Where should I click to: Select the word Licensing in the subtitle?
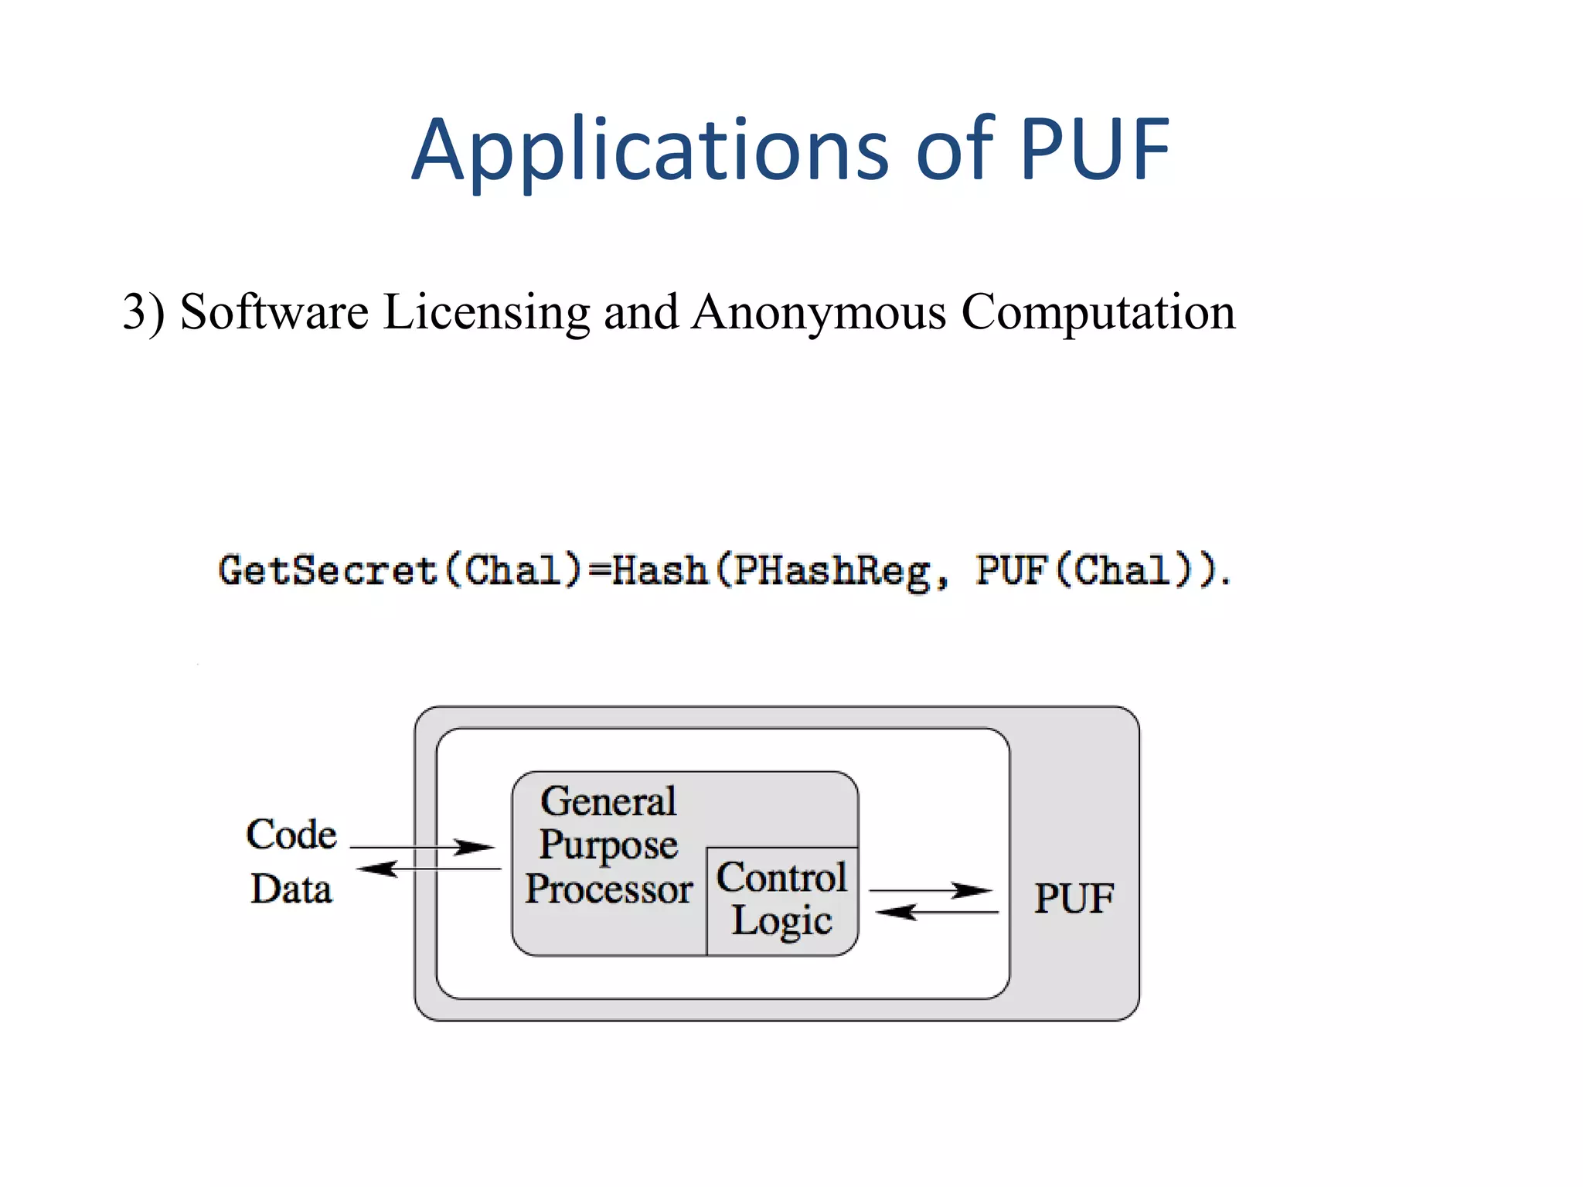tap(487, 312)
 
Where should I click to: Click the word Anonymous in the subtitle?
tap(819, 312)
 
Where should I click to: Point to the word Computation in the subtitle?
tap(1098, 312)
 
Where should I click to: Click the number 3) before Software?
tap(144, 312)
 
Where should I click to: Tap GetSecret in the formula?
tap(328, 570)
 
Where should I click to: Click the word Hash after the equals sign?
tap(659, 570)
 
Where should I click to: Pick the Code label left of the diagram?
tap(291, 835)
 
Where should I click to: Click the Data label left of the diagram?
tap(291, 889)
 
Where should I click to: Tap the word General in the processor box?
tap(608, 801)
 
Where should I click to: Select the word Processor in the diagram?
tap(609, 889)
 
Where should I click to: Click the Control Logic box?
tap(781, 900)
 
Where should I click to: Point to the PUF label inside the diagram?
tap(1074, 898)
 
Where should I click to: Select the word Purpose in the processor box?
tap(608, 845)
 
